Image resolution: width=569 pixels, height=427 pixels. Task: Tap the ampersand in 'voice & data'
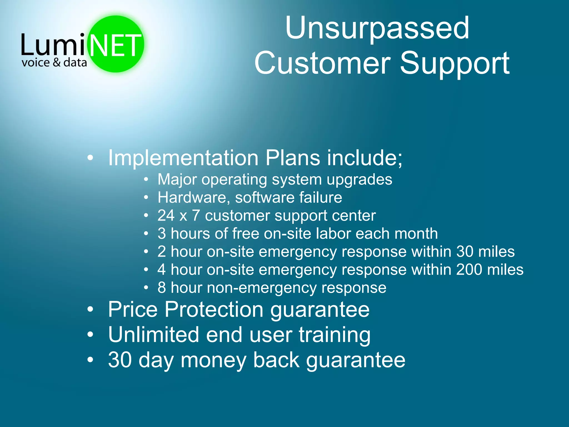(56, 62)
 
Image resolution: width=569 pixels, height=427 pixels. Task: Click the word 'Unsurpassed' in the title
(377, 28)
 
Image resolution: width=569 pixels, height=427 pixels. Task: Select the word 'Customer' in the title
(323, 63)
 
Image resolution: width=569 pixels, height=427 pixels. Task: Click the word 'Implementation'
(183, 158)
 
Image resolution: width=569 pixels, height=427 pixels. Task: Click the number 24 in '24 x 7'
(166, 215)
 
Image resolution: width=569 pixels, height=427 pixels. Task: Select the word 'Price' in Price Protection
(133, 309)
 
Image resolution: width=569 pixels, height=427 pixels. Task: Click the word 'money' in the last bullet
(213, 360)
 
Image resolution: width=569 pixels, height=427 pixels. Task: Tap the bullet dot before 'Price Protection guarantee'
(90, 309)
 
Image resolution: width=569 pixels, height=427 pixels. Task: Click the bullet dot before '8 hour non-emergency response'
(146, 287)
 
